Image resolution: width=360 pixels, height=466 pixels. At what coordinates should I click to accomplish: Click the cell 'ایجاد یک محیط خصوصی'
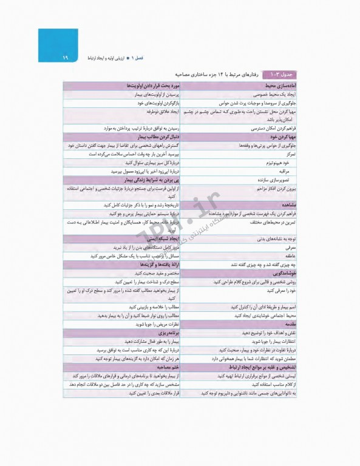pyautogui.click(x=273, y=95)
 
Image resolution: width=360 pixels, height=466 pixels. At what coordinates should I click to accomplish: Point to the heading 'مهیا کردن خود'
pyautogui.click(x=280, y=138)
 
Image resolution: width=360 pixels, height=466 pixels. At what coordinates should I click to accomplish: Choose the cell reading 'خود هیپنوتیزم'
pyautogui.click(x=281, y=163)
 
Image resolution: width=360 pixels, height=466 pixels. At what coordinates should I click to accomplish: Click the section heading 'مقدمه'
pyautogui.click(x=287, y=325)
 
